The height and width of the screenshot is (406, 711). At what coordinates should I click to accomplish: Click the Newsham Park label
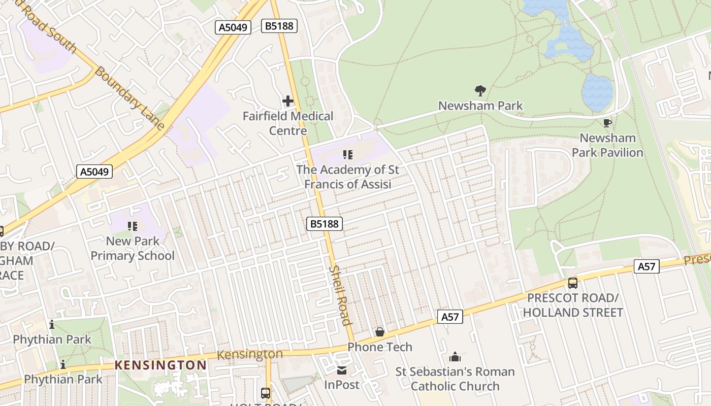[480, 106]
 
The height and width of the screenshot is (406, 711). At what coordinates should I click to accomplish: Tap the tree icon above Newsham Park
[480, 91]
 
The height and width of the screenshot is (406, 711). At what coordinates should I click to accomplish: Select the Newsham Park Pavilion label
[607, 145]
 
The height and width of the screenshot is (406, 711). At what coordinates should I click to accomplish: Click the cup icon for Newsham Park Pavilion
[607, 123]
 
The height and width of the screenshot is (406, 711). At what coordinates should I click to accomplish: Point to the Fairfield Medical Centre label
[288, 123]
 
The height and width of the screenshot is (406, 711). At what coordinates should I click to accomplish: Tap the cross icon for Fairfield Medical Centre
[288, 101]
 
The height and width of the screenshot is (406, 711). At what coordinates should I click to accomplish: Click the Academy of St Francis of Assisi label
[348, 177]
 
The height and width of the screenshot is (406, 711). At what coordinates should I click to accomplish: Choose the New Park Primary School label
[133, 248]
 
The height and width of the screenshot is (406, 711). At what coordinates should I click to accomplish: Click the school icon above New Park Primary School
[133, 226]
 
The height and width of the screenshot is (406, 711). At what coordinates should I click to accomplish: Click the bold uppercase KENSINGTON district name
[160, 365]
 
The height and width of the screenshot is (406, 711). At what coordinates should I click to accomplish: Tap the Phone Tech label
[380, 347]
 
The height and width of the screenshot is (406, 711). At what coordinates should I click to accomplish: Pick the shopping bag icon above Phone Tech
[379, 332]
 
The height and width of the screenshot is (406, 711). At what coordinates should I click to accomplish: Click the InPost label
[342, 385]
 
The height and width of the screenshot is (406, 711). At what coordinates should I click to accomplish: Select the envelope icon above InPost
[342, 370]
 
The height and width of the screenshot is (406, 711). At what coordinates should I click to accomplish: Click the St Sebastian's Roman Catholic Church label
[455, 379]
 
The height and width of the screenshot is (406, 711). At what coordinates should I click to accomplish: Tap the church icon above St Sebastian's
[455, 357]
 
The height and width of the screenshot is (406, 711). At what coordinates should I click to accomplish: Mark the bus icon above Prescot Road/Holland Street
[573, 283]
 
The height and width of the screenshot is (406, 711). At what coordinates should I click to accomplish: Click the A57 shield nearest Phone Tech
[450, 317]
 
